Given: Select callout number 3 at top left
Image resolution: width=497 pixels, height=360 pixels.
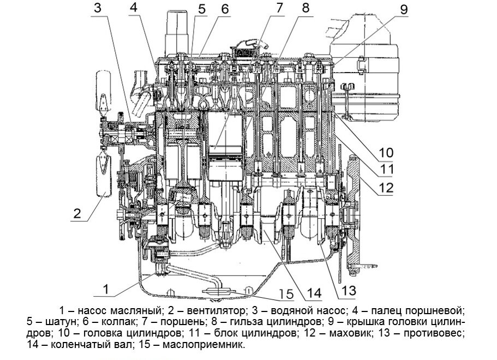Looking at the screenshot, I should pyautogui.click(x=97, y=8).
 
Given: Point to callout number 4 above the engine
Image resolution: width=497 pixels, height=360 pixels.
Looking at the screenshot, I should pyautogui.click(x=134, y=8).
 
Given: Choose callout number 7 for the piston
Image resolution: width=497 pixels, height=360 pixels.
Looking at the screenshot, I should pyautogui.click(x=280, y=8).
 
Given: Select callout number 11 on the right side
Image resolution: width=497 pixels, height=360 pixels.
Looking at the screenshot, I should pyautogui.click(x=387, y=169).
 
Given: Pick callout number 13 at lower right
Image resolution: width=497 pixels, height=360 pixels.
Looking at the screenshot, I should pyautogui.click(x=348, y=289).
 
